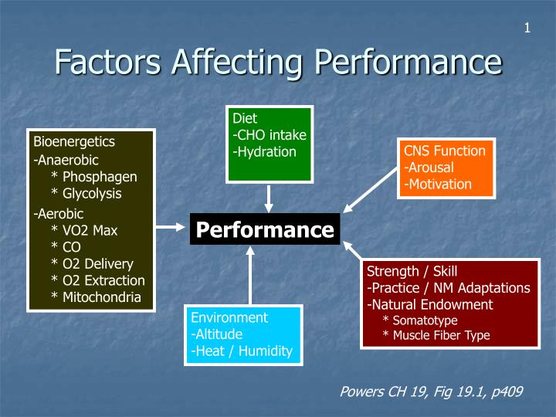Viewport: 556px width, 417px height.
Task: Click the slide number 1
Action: click(x=527, y=29)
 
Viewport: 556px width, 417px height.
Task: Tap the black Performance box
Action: click(x=265, y=229)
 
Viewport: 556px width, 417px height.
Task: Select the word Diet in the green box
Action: click(x=245, y=119)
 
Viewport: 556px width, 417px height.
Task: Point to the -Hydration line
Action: click(x=264, y=152)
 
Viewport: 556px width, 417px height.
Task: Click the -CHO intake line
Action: click(x=269, y=135)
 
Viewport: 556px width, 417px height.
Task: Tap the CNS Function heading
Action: click(x=444, y=151)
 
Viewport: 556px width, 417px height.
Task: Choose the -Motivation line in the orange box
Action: click(x=437, y=184)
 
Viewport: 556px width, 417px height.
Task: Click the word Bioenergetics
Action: click(x=74, y=141)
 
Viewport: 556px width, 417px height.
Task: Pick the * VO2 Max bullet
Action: click(x=84, y=229)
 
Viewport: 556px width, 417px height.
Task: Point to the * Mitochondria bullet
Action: click(x=96, y=297)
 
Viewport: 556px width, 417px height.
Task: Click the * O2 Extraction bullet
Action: click(x=97, y=280)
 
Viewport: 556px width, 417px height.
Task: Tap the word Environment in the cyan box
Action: click(x=229, y=317)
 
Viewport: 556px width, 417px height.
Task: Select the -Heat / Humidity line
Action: click(x=242, y=351)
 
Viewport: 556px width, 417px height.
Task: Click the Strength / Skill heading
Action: click(x=412, y=271)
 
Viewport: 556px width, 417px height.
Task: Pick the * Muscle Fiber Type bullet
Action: click(x=436, y=335)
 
